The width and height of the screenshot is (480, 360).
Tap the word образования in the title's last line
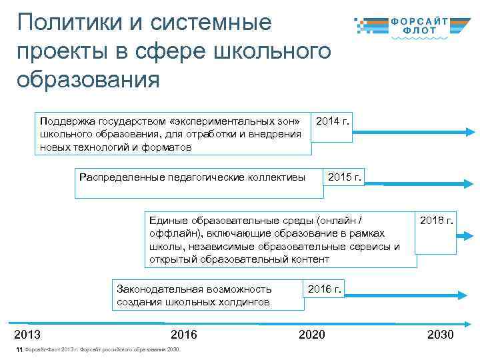click(x=89, y=79)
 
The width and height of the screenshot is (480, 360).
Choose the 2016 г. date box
click(x=325, y=289)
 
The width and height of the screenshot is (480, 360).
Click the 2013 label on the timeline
click(x=27, y=335)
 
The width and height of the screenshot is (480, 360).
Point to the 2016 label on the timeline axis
click(x=184, y=335)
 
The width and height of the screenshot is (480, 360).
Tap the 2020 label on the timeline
click(x=312, y=335)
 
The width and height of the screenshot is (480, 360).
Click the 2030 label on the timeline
click(x=441, y=335)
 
